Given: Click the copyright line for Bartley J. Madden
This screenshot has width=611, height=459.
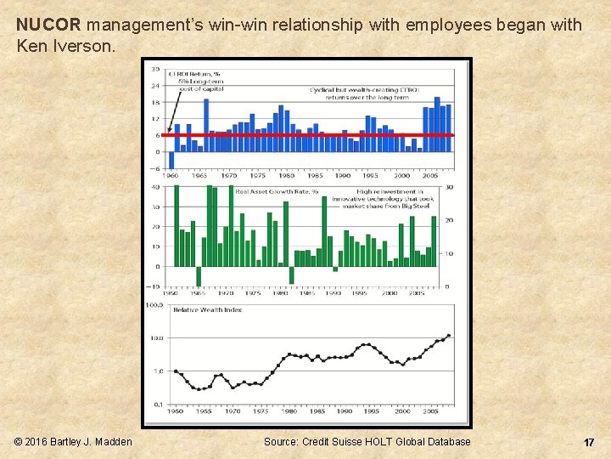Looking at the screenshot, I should tap(74, 442).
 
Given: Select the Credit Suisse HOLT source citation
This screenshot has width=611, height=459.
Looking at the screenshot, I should tap(367, 442).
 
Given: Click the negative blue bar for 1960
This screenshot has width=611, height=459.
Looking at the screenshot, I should tap(171, 160).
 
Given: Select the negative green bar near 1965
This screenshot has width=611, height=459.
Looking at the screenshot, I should tap(199, 276).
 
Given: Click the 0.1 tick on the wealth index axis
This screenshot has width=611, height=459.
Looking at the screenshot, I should tap(157, 405).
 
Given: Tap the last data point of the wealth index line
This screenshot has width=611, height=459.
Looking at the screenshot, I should tap(448, 336).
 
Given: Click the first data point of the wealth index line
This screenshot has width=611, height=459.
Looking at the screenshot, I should tap(176, 371).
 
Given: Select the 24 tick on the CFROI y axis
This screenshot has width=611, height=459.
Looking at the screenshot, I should tap(156, 86).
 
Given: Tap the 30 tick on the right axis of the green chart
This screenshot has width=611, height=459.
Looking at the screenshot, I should tap(449, 187).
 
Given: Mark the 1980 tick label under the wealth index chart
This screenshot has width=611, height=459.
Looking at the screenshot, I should tap(289, 411).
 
